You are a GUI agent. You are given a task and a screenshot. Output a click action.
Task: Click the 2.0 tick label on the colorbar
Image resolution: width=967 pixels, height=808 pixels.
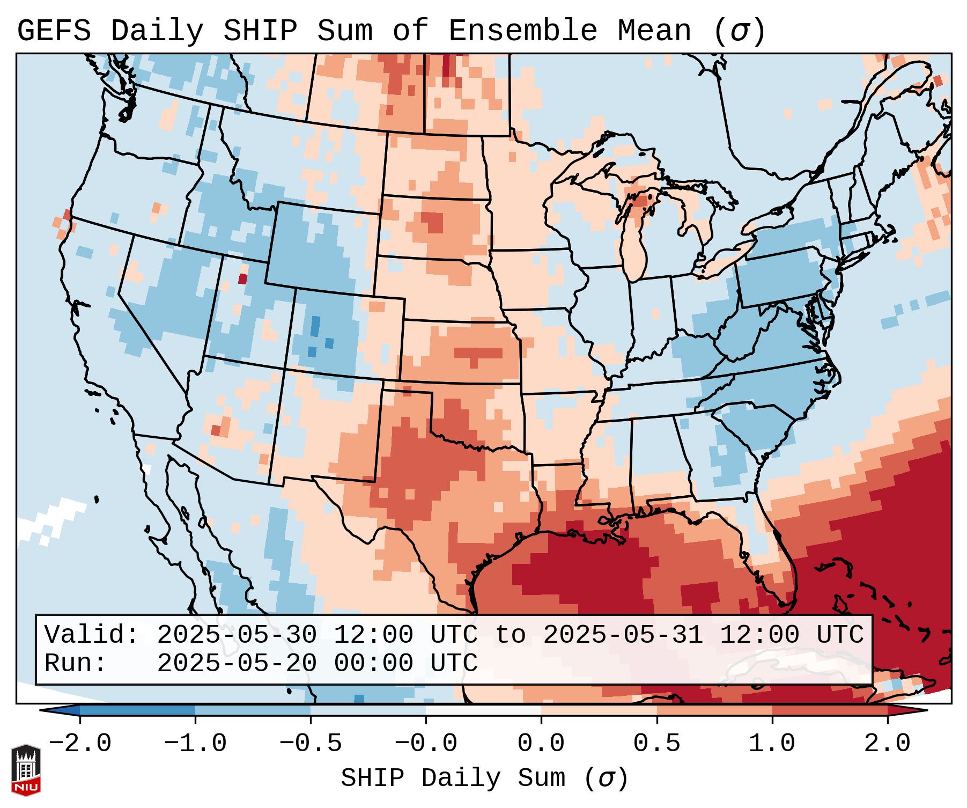pos(887,744)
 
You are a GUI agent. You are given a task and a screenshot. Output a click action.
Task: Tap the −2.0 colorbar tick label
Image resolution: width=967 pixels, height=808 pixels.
pos(80,744)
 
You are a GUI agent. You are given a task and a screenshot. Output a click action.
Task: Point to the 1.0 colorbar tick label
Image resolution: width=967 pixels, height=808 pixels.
pos(772,744)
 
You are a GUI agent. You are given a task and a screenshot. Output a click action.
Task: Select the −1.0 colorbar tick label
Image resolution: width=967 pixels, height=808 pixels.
pos(195,744)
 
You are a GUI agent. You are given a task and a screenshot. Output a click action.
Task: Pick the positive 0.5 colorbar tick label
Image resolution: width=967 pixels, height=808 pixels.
pos(656,744)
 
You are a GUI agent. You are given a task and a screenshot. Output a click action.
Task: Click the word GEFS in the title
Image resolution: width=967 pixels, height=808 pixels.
pos(54,31)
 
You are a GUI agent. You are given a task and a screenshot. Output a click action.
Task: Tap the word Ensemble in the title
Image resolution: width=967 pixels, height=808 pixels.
pos(522,31)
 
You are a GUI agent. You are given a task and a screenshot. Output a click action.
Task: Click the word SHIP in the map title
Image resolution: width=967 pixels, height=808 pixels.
pos(260,31)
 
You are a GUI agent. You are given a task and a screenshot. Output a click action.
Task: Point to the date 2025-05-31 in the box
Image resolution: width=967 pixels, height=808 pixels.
pos(623,635)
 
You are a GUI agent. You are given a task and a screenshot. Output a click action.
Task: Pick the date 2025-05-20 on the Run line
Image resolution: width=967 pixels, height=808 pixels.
pos(237,663)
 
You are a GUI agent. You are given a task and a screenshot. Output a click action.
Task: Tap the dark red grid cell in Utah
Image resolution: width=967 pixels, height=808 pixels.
pos(243,278)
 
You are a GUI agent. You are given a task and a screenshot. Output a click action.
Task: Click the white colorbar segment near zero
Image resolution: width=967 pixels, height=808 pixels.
pos(483,710)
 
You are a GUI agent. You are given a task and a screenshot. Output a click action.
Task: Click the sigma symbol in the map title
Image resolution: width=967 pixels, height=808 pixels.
pos(740,31)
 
